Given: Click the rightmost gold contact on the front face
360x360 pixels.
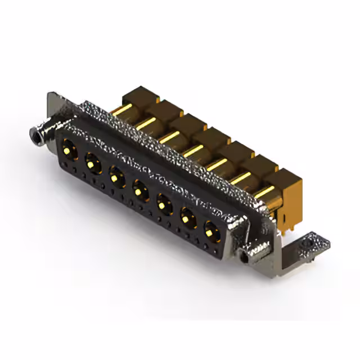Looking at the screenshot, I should (211, 230).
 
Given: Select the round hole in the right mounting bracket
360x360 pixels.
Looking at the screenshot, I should (307, 246).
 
